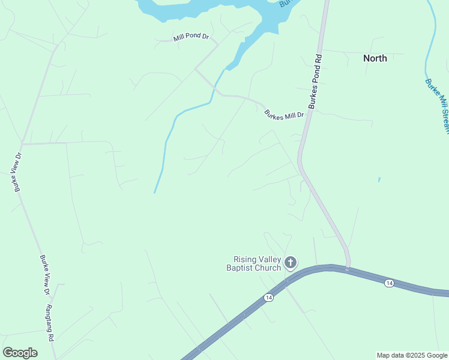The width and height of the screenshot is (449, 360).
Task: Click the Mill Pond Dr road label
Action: point(190,37)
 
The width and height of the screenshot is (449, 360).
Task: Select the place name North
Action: point(375,58)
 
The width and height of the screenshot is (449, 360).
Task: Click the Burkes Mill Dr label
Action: point(285,113)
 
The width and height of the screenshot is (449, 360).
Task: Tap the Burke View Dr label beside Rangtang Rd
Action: point(44,275)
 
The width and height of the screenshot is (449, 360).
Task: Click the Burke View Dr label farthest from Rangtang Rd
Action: point(18,172)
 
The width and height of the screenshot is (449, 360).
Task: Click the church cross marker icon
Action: point(291,262)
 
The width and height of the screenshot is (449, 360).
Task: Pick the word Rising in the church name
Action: point(245,259)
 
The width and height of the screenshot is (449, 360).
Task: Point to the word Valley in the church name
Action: point(270,259)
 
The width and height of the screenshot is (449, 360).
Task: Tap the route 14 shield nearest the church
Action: point(268,298)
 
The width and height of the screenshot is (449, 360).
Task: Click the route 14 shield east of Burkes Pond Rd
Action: point(389,283)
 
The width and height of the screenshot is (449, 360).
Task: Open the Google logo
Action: point(20,353)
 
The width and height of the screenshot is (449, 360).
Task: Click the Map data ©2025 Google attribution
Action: point(412,355)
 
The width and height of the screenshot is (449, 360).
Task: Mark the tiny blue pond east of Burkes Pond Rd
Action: point(379,179)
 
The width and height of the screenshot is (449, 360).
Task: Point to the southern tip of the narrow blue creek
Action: point(155,192)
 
